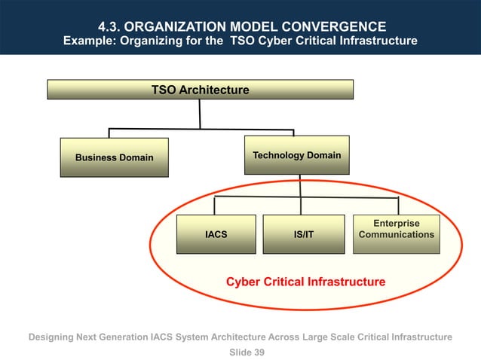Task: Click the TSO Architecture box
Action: pyautogui.click(x=200, y=90)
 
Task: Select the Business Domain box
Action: pyautogui.click(x=114, y=157)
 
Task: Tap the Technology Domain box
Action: pyautogui.click(x=296, y=155)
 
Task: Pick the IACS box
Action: pyautogui.click(x=216, y=234)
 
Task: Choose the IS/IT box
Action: pyautogui.click(x=303, y=234)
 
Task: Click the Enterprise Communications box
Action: pyautogui.click(x=397, y=230)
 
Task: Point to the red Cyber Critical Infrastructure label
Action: pyautogui.click(x=305, y=282)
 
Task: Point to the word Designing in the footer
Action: pyautogui.click(x=52, y=337)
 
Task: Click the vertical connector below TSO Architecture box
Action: pyautogui.click(x=200, y=114)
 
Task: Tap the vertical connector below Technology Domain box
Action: pyautogui.click(x=300, y=186)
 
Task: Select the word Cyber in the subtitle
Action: pyautogui.click(x=280, y=41)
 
